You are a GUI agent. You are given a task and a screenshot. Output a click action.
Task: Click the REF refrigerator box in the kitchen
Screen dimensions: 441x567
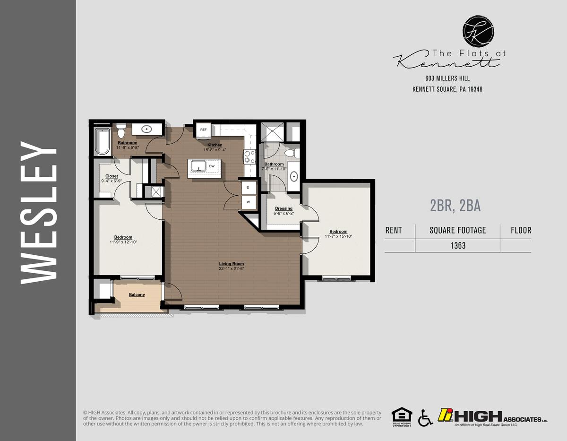pos(204,130)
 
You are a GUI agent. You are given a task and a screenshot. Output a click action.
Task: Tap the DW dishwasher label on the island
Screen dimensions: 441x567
pos(212,166)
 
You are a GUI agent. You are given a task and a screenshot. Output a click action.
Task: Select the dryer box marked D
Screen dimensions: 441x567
pos(249,188)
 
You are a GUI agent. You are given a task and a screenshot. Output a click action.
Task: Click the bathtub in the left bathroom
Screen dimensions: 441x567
pos(102,141)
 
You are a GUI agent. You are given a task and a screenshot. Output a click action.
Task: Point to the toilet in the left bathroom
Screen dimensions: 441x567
pos(120,131)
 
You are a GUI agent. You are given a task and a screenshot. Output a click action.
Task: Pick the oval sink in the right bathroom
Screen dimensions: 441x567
pos(294,177)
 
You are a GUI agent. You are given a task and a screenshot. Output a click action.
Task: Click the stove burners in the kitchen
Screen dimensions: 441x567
pos(249,156)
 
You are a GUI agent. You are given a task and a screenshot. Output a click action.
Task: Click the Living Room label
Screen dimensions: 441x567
pos(231,264)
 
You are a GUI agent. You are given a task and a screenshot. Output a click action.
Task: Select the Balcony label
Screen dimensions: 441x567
pos(137,295)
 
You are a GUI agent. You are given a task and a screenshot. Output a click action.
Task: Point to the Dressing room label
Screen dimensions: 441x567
pos(283,208)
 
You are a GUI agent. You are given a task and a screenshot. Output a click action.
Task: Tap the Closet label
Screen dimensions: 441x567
pos(112,176)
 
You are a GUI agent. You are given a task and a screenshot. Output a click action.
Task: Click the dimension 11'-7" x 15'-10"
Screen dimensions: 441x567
pos(338,236)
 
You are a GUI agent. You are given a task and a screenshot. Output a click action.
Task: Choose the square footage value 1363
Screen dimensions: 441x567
pos(457,245)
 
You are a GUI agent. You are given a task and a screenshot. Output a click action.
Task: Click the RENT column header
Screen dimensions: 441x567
pos(394,231)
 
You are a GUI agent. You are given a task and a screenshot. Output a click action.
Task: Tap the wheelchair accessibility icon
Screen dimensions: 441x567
pos(425,417)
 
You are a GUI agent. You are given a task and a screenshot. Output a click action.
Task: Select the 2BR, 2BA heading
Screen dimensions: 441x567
pos(455,206)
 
